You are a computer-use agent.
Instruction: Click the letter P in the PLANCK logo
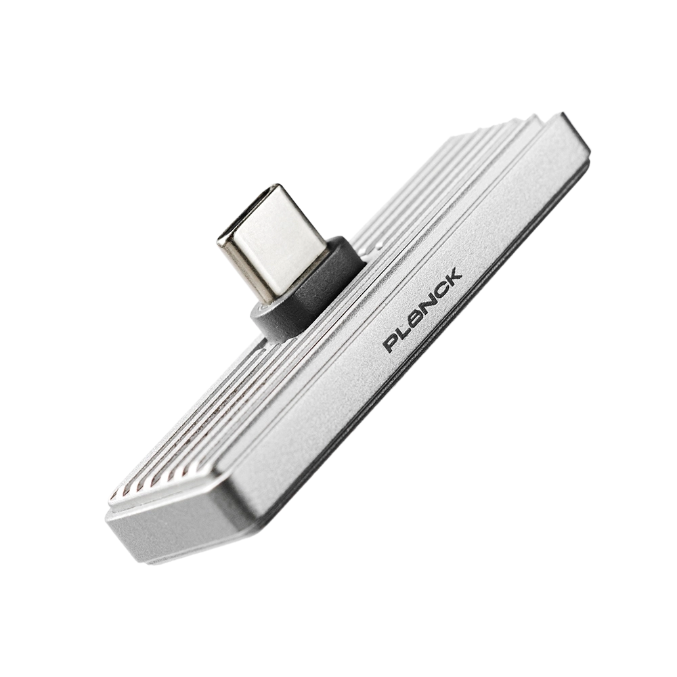[391, 343]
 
